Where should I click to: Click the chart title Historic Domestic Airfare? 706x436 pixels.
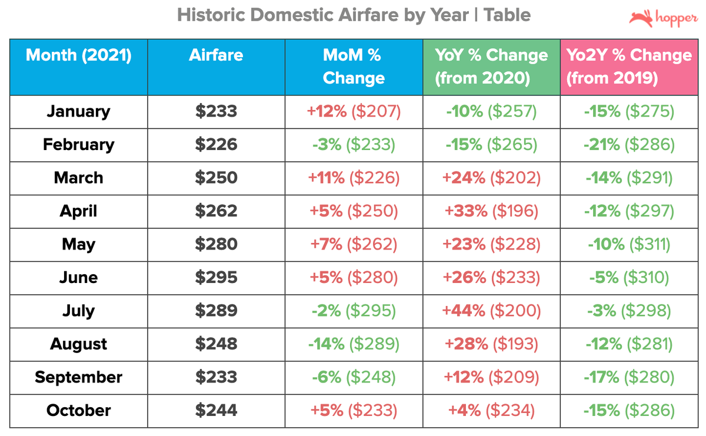coord(354,15)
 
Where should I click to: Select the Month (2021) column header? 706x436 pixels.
coord(79,56)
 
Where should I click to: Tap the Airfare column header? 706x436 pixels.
coord(216,56)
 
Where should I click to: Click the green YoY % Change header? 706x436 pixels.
coord(491,66)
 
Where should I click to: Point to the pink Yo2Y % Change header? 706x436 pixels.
coord(628,66)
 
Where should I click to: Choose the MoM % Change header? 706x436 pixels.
coord(354,66)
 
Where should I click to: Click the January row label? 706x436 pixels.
coord(79,111)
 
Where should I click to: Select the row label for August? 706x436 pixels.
coord(79,344)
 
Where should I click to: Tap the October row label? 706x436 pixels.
coord(79,410)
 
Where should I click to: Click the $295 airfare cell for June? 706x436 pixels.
coord(216,278)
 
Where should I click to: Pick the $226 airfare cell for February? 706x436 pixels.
coord(216,145)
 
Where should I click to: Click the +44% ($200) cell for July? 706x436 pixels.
coord(491,311)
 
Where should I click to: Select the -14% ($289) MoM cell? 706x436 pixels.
coord(354,344)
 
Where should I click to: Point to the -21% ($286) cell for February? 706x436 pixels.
coord(628,145)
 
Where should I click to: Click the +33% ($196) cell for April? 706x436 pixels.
coord(491,211)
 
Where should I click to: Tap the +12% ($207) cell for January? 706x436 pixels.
coord(354,111)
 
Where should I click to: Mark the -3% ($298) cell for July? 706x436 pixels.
coord(628,311)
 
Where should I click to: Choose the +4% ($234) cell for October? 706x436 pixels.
coord(491,410)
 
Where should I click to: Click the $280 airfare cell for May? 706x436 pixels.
coord(216,244)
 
